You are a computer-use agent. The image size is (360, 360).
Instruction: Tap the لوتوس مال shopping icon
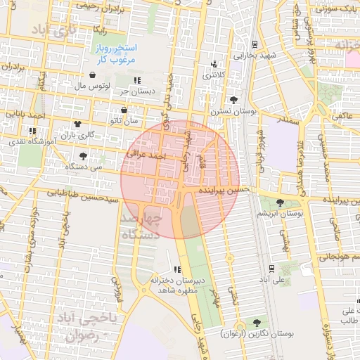tap(93, 75)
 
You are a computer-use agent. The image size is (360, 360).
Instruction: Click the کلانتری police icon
tap(214, 65)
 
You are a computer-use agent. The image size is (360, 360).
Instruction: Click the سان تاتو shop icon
tap(124, 110)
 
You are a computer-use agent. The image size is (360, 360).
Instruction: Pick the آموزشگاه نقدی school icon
tap(32, 131)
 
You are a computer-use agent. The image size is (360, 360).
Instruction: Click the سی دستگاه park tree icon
tap(84, 155)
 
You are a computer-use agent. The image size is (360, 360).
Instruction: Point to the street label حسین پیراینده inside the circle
tap(223, 190)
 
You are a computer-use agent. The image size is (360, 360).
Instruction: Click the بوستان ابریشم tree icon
tap(280, 202)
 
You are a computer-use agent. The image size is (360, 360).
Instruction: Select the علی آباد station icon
tap(271, 268)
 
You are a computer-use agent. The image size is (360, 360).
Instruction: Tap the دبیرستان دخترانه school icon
tap(177, 269)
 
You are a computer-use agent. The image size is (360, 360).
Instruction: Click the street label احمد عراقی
tap(146, 153)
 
